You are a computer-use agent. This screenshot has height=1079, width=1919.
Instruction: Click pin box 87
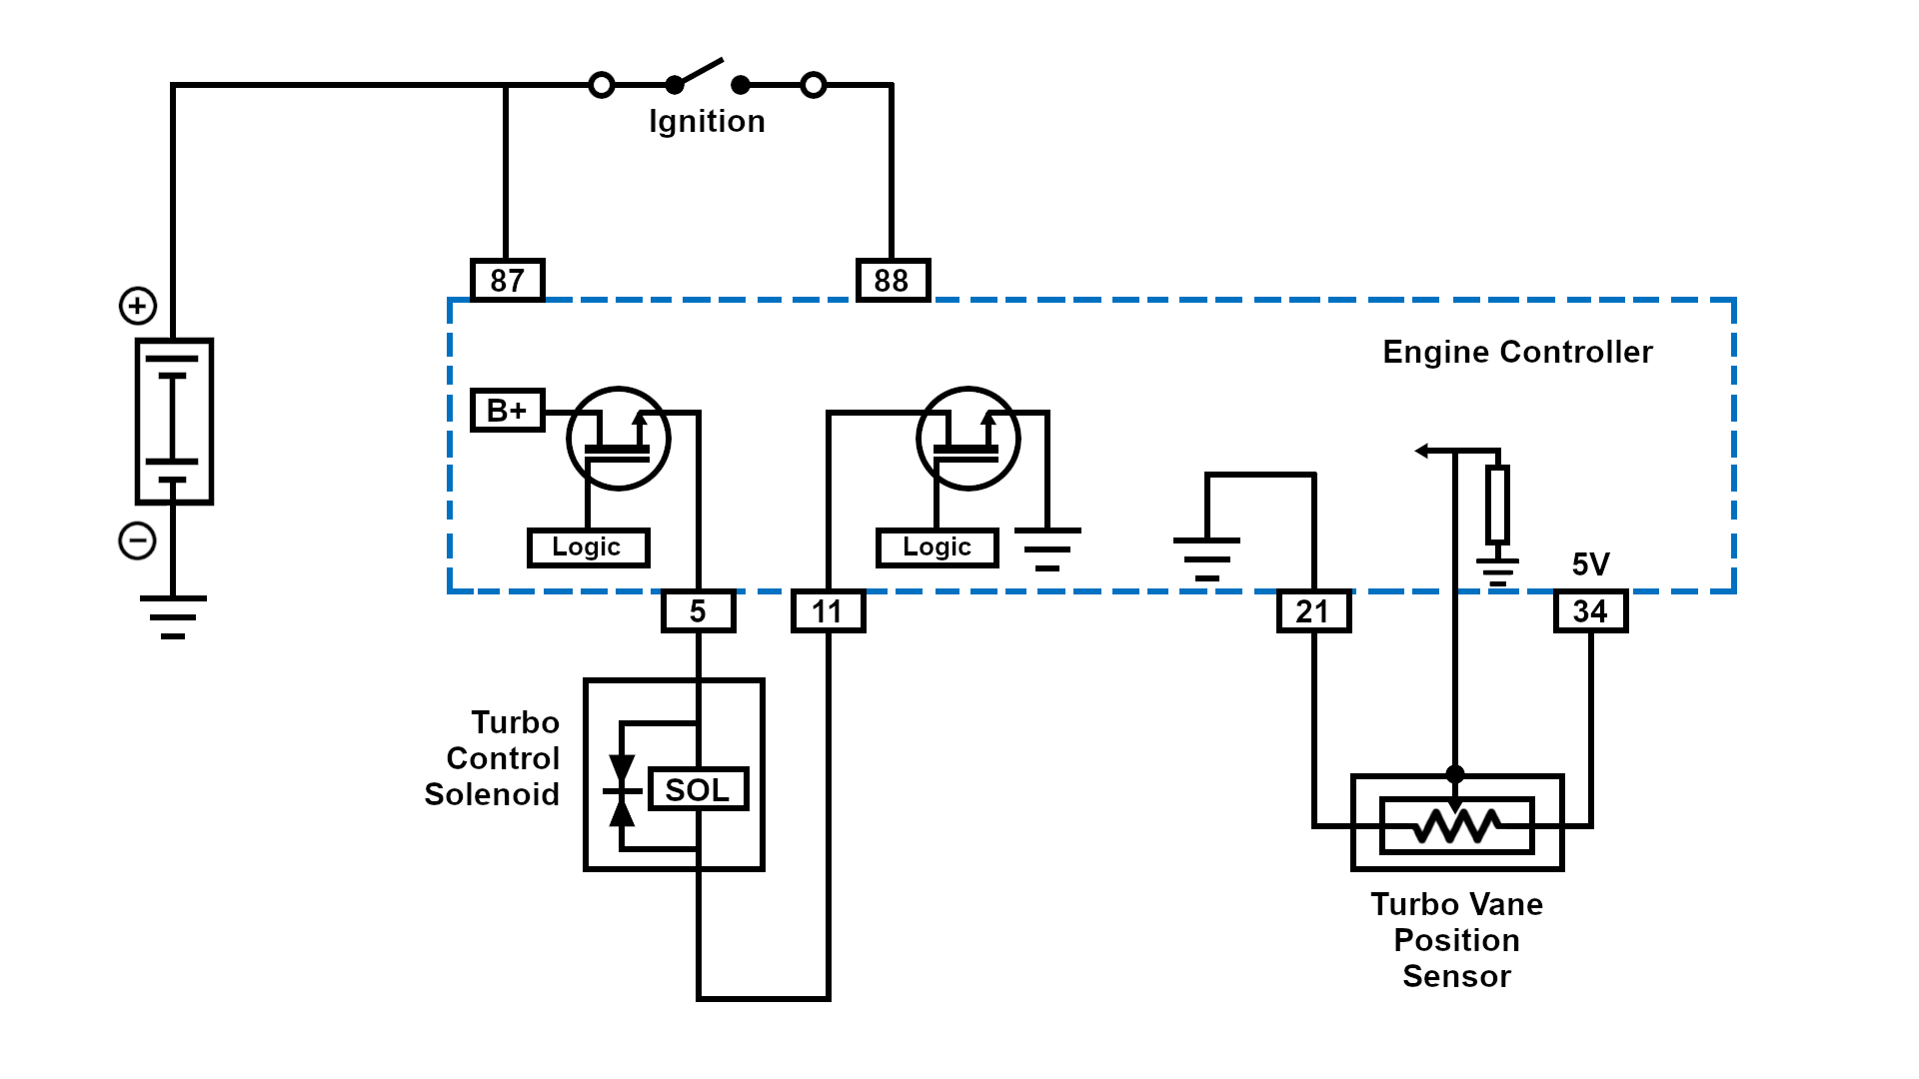coord(507,280)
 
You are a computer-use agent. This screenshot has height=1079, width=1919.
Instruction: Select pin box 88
coord(893,280)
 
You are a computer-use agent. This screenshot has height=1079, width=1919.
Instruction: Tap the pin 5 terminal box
coord(698,611)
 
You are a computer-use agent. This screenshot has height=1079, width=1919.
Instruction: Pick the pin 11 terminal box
coord(828,611)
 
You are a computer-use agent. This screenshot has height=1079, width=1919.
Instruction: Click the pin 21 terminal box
coord(1313,611)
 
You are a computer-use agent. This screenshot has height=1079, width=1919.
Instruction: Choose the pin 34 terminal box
coord(1590,611)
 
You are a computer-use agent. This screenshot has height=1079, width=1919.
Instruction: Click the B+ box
coord(507,410)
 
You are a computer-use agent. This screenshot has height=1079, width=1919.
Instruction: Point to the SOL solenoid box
coord(698,789)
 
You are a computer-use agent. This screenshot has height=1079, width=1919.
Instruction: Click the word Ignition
coord(707,122)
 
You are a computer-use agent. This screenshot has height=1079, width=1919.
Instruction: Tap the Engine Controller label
coord(1517,352)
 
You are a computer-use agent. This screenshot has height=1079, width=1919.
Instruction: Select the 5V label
coord(1590,564)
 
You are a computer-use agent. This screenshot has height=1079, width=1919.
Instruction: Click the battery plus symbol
coord(138,306)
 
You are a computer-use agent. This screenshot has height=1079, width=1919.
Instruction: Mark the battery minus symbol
coord(137,541)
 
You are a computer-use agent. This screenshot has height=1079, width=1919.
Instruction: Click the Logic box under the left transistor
coord(588,547)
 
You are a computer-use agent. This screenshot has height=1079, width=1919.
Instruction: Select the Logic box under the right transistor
coord(937,547)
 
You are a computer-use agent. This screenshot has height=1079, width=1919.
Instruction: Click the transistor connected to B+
coord(618,438)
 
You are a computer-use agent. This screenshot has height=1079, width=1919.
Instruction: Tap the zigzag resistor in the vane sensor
coord(1456,825)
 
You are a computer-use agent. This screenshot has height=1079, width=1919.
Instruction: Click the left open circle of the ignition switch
coord(602,85)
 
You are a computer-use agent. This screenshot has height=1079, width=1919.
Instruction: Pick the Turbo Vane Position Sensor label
coord(1456,940)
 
